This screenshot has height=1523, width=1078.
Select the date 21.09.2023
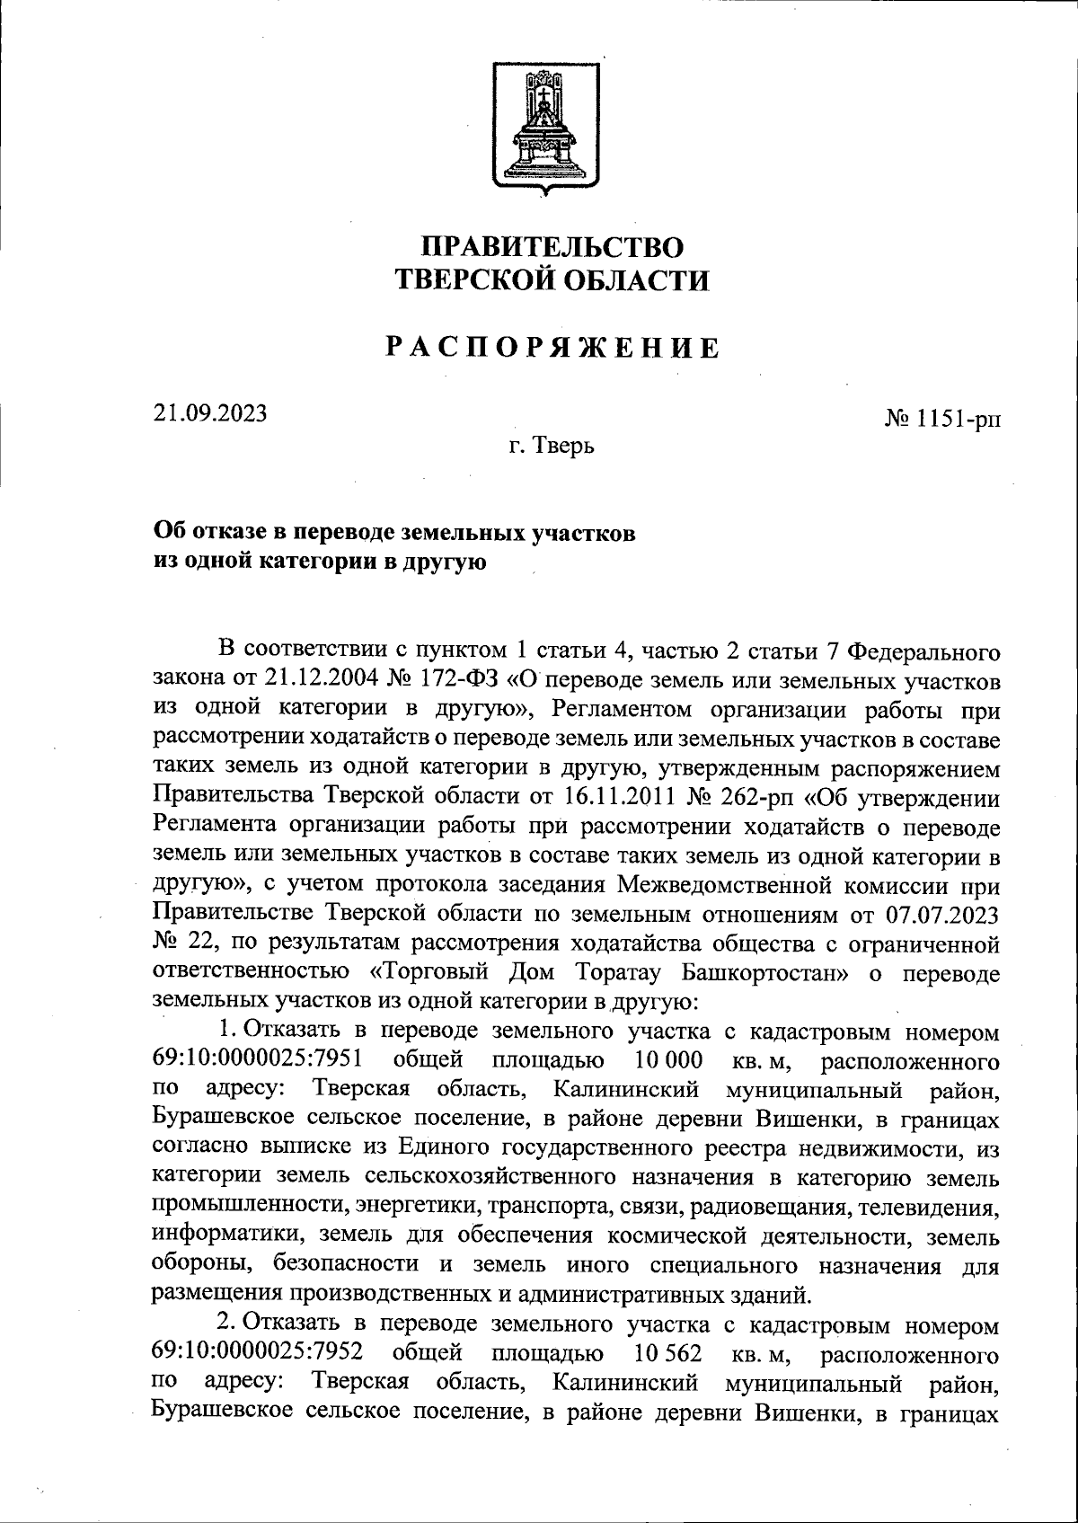pos(209,413)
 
